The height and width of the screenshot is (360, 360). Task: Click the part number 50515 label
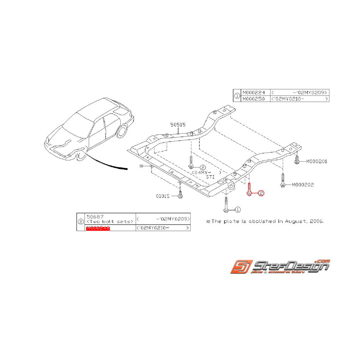[x=178, y=125]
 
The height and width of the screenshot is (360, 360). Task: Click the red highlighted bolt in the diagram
[x=250, y=190]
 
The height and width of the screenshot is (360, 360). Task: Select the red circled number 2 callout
[x=261, y=193]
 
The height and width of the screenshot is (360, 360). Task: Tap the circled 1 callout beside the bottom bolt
[x=237, y=210]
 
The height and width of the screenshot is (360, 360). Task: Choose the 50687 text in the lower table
[x=95, y=216]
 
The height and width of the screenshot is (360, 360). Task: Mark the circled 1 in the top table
[x=237, y=96]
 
